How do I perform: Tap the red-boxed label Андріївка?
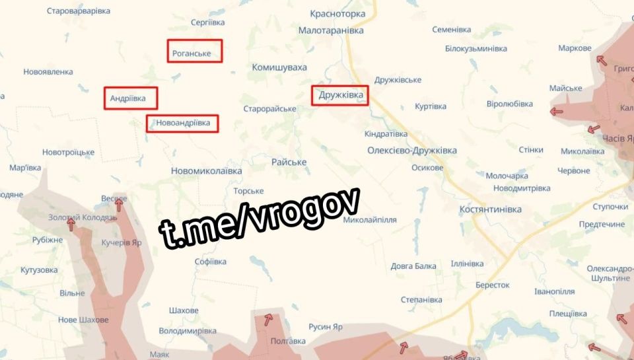coord(131,98)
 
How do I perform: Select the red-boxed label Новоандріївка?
coord(182,124)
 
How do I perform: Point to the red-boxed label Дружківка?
coord(340,95)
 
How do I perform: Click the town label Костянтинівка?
coord(490,209)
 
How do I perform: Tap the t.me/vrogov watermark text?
coord(260,219)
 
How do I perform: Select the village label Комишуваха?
coord(279,67)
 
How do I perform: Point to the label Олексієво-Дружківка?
coord(412,151)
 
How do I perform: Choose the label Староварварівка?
coord(79,11)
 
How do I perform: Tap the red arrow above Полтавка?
coord(268,320)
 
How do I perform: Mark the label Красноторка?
coord(337,13)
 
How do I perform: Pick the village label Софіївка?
coord(211,262)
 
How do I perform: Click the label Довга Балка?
coord(413,266)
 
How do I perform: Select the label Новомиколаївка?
coord(207,170)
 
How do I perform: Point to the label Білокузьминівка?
coord(475,49)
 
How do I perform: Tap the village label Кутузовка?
coord(40,270)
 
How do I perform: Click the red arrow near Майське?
coord(556,112)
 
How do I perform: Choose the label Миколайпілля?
coord(370,220)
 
